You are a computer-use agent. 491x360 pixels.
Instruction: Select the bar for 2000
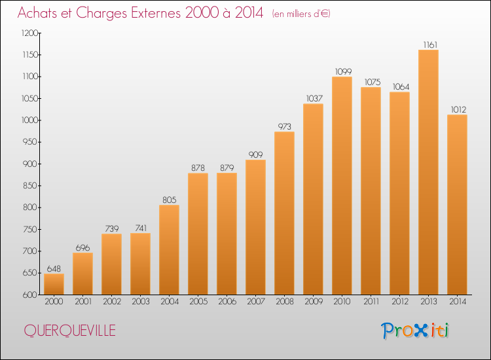click(x=54, y=284)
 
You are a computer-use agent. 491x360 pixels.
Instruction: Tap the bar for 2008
click(x=284, y=213)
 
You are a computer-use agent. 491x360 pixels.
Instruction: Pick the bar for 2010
click(x=342, y=186)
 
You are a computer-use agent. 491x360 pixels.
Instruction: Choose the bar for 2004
click(x=169, y=250)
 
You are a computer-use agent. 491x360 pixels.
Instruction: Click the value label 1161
click(x=428, y=45)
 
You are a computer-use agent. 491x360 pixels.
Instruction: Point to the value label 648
click(x=54, y=269)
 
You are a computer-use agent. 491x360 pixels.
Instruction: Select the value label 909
click(x=255, y=155)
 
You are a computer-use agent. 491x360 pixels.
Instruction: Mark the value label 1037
click(x=313, y=99)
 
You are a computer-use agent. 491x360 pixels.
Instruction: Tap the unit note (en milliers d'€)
click(x=301, y=14)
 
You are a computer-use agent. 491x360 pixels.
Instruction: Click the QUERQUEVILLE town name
click(x=69, y=331)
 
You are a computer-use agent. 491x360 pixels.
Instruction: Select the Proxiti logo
click(x=415, y=331)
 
